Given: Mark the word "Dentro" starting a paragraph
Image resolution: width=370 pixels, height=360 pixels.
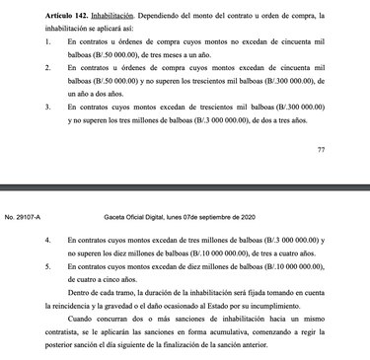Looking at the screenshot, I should pyautogui.click(x=105, y=294).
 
